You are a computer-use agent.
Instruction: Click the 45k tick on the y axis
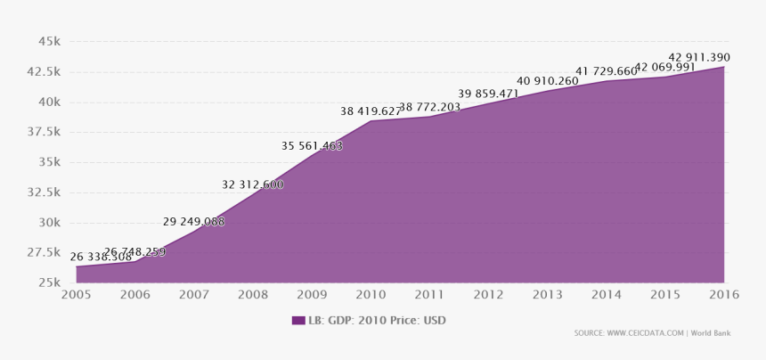48,41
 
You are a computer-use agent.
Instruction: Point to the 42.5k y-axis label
44,71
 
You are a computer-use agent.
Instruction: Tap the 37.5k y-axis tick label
44,132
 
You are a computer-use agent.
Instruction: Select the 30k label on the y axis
48,223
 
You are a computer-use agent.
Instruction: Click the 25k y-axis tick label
48,283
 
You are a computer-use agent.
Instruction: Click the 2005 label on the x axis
76,295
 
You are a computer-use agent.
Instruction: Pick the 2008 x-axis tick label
253,295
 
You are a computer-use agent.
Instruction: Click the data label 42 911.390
699,57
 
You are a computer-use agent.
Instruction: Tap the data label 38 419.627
371,111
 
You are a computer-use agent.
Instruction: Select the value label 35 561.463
312,146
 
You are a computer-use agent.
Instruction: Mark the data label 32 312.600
252,184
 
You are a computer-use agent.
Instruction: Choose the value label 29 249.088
193,221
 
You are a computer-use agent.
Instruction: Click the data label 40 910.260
547,81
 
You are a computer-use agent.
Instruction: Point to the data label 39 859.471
488,94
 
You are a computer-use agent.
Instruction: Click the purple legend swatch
297,321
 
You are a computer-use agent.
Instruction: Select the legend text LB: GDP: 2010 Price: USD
377,321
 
